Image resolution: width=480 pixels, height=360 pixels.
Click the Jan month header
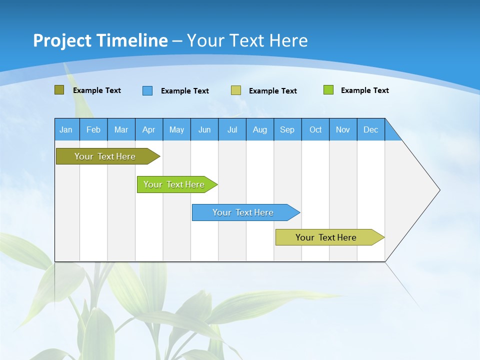[66, 129]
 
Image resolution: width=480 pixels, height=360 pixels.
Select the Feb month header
[93, 129]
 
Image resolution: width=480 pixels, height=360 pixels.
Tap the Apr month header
[149, 129]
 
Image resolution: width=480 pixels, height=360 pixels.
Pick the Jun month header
[204, 129]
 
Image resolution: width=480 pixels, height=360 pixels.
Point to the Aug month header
[260, 129]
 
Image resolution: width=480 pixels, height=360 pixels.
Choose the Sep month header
[287, 129]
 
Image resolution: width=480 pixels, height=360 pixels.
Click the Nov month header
[343, 129]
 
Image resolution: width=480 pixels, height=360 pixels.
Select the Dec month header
[371, 129]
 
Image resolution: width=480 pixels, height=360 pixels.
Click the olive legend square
[59, 90]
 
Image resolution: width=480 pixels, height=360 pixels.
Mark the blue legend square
[147, 90]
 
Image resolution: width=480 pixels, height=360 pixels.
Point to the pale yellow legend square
[236, 90]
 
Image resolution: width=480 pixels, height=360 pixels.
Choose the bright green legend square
[328, 90]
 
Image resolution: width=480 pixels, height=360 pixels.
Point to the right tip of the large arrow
[438, 190]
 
